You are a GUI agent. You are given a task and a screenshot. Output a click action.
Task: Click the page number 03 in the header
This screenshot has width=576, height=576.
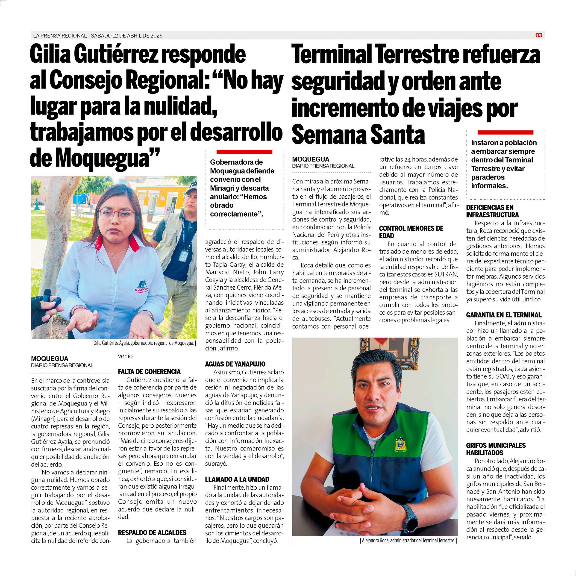tap(539, 35)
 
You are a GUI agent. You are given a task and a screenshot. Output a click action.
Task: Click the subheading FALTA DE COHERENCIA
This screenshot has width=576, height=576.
tap(149, 371)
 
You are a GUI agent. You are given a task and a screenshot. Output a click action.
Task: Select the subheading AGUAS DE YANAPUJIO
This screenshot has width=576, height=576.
tap(235, 364)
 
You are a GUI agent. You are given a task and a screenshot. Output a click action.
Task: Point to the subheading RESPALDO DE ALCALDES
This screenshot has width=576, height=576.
tap(152, 532)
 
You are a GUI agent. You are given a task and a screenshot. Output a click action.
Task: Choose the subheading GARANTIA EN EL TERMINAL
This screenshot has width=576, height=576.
tap(504, 315)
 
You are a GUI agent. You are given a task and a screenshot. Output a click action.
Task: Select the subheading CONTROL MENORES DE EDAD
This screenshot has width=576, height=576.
tap(411, 232)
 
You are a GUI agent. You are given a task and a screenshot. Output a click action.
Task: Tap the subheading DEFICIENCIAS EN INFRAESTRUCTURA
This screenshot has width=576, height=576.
tap(492, 211)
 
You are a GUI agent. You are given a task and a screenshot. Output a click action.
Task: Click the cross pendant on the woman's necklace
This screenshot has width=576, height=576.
tap(114, 256)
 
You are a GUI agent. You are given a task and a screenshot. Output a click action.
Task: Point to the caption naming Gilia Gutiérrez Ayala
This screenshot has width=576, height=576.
tap(144, 343)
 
